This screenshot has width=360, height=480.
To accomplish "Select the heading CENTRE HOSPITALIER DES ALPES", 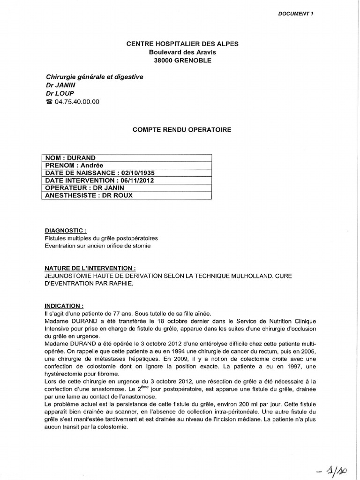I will coord(182,44).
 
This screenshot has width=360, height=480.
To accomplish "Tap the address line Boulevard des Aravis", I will coord(182,52).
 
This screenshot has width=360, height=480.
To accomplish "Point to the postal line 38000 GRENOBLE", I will coord(182,60).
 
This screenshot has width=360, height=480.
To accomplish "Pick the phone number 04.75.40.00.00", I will coord(77,102).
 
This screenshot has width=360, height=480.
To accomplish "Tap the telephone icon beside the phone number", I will coord(49,102).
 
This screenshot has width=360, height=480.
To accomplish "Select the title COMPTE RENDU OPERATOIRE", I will coord(182,129).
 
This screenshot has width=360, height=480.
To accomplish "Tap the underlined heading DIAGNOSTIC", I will coord(66,231).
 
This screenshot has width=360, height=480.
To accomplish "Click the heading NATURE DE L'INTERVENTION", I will coord(90,268).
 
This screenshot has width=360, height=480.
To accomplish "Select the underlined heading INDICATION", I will coord(64,305).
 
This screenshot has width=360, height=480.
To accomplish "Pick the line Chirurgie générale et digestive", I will coord(94,77).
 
